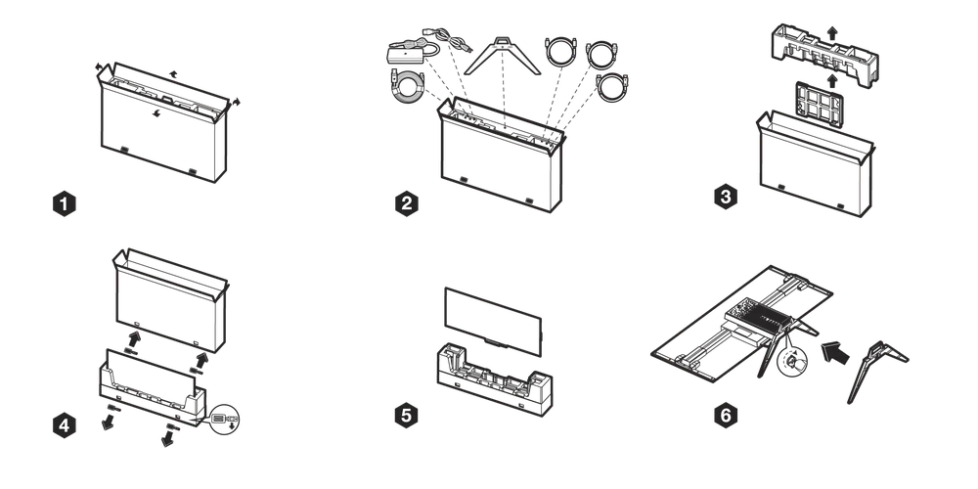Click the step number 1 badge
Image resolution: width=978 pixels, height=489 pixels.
(x=64, y=204)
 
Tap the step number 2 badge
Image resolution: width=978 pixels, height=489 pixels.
(x=407, y=204)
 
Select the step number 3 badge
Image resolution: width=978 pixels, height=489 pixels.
(x=725, y=197)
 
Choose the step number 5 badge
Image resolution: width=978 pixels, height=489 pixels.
(x=407, y=415)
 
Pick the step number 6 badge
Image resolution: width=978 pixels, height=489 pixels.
(x=725, y=415)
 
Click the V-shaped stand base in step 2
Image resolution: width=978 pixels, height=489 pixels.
(x=502, y=58)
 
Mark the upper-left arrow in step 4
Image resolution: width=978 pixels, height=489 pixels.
(x=135, y=338)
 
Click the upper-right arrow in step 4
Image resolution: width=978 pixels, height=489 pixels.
(x=202, y=358)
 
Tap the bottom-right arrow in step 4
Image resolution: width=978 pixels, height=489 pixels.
(x=167, y=438)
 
